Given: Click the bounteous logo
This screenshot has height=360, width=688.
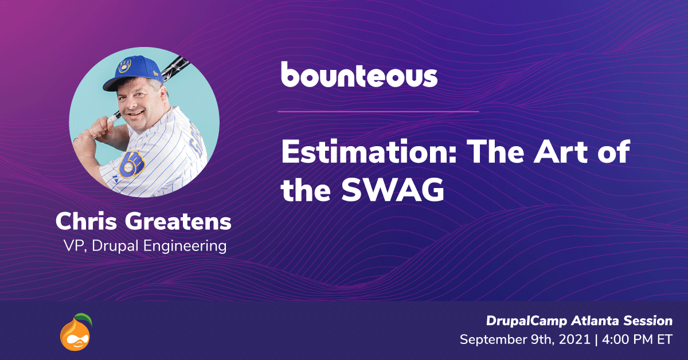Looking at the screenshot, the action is (x=359, y=75).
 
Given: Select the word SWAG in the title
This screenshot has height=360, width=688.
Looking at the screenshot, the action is (x=393, y=190).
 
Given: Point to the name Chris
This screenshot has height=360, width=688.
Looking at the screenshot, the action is (x=86, y=221).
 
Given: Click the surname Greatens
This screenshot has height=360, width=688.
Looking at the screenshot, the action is (x=178, y=221).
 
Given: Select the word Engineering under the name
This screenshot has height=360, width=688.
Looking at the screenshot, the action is (x=185, y=246).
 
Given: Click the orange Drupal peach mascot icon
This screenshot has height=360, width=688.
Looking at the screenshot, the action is (x=76, y=332).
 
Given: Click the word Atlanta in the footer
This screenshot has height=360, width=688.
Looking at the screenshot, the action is (x=595, y=321).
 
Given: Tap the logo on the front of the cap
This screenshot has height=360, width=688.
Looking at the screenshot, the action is (x=125, y=66).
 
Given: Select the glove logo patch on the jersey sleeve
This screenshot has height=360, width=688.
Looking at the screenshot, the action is (x=131, y=165).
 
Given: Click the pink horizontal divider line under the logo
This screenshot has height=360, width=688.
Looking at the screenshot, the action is (x=378, y=112).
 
